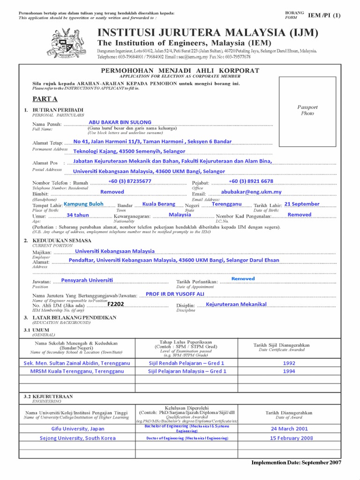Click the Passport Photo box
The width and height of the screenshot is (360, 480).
click(307, 110)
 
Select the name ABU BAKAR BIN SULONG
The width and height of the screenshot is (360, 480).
click(120, 122)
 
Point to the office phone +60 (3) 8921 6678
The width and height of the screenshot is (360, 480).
click(251, 181)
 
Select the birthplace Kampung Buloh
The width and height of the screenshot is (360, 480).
click(83, 204)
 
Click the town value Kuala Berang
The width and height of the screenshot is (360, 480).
click(159, 204)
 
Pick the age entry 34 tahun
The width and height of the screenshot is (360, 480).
click(78, 215)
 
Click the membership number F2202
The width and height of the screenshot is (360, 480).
click(116, 304)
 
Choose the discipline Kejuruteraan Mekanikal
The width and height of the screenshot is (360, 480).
click(236, 304)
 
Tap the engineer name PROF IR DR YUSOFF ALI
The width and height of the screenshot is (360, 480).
click(175, 294)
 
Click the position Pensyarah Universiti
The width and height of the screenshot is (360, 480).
click(87, 280)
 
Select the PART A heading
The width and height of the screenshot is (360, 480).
click(45, 99)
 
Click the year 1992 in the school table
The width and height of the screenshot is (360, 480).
click(289, 363)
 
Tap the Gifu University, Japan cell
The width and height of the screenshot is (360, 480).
click(78, 428)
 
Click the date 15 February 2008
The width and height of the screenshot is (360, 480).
click(289, 438)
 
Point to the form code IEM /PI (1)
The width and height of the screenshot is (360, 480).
click(324, 15)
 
